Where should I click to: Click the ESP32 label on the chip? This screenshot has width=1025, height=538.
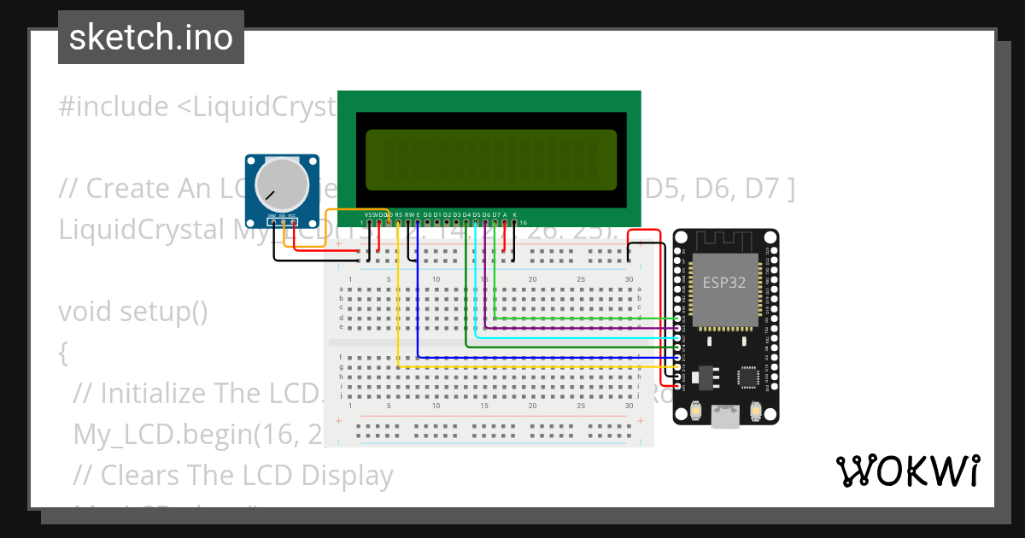(x=724, y=283)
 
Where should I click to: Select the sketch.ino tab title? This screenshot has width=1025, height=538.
(x=150, y=38)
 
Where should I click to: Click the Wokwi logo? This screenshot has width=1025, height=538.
(x=908, y=471)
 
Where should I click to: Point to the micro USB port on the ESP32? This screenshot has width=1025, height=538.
(x=726, y=416)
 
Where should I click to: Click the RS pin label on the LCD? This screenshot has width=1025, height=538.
(x=399, y=214)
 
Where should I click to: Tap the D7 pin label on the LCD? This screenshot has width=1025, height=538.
(x=495, y=214)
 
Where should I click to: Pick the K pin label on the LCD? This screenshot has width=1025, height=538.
(x=514, y=214)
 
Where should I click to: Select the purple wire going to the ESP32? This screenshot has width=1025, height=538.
(x=581, y=328)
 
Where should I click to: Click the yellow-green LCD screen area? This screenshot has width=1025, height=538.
(x=491, y=160)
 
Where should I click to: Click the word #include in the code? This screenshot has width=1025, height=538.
(x=114, y=107)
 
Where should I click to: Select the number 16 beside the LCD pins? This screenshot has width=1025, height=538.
(x=524, y=221)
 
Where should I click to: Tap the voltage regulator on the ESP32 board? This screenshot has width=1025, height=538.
(x=705, y=375)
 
